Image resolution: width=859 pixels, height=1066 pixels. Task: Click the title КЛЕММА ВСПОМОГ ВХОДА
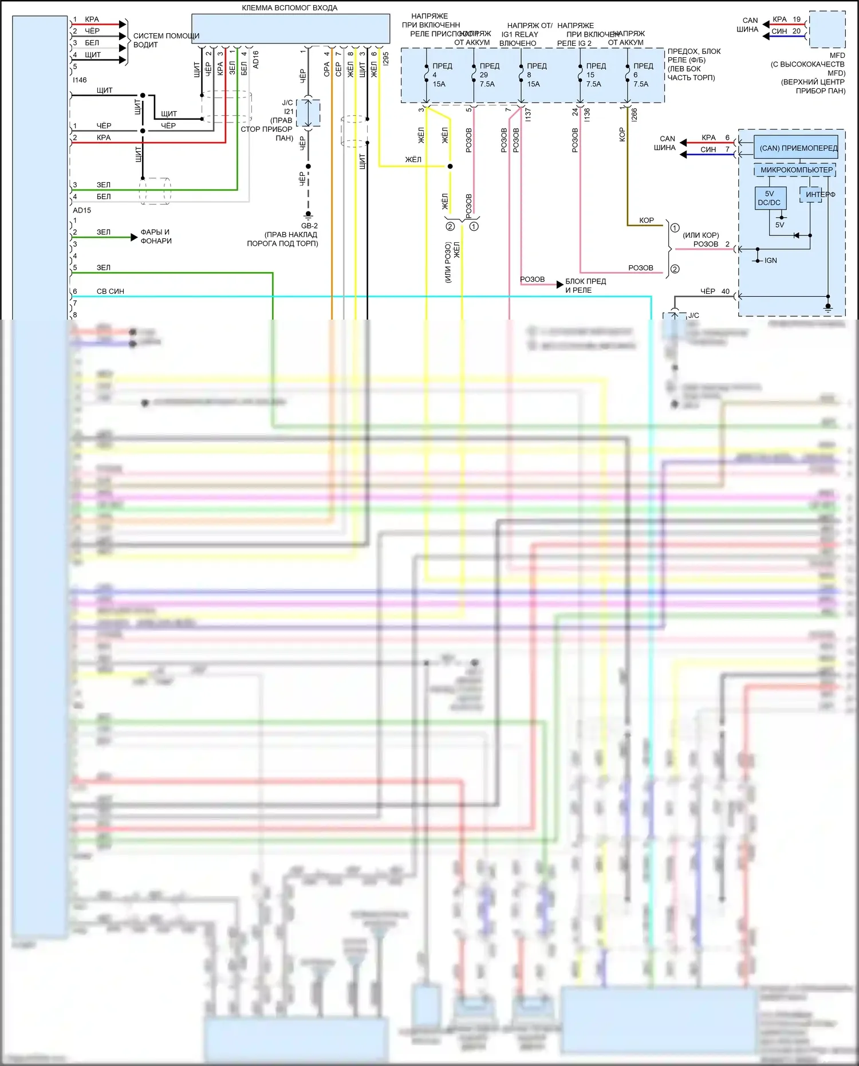(289, 8)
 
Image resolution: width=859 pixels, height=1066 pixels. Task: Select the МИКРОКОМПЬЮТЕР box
(796, 170)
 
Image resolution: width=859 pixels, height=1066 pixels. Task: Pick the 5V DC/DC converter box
(769, 198)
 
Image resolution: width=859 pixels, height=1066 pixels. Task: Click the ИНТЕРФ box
(819, 195)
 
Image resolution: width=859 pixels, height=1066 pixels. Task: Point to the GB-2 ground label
(309, 226)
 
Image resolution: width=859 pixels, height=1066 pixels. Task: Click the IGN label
(771, 261)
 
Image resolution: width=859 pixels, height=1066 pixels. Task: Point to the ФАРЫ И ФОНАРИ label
(156, 237)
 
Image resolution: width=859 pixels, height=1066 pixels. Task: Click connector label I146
(80, 80)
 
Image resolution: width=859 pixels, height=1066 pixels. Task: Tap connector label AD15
(82, 210)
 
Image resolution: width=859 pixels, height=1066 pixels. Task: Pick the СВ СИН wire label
(111, 292)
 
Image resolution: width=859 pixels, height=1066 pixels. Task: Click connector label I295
(386, 58)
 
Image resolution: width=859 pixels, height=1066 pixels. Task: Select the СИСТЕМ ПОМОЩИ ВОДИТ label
(166, 40)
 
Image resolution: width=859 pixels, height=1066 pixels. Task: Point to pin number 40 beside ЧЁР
(726, 292)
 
